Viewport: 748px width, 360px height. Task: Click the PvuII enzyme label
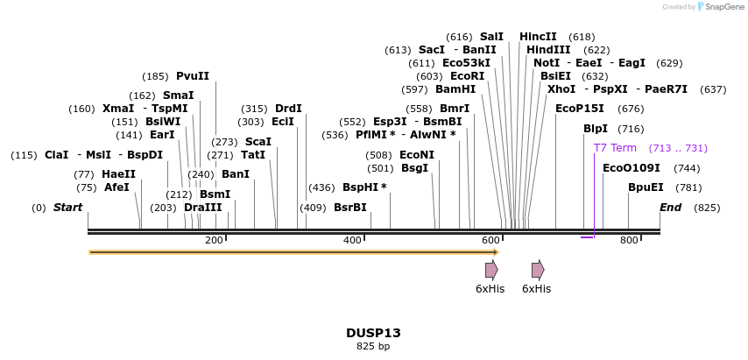click(193, 76)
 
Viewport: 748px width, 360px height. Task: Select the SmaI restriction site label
click(179, 95)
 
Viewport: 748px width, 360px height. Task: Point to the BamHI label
click(455, 89)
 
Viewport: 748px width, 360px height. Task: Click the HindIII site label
click(548, 50)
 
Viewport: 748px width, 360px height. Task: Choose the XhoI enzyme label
click(561, 89)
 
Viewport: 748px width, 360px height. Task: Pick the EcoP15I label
click(580, 109)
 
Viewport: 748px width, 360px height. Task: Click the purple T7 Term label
click(615, 148)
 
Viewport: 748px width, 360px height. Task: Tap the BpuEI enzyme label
click(646, 187)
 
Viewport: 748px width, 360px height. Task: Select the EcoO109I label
click(631, 168)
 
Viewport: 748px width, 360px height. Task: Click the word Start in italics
click(67, 208)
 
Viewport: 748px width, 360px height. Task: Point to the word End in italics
click(670, 208)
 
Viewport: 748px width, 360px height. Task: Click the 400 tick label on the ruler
click(352, 241)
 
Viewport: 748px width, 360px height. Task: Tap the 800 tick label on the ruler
click(629, 241)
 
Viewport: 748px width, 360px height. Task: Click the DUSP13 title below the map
click(373, 333)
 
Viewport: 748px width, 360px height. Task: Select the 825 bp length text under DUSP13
click(373, 347)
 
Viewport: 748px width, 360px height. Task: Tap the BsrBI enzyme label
click(350, 208)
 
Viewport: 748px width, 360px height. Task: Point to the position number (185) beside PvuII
click(155, 76)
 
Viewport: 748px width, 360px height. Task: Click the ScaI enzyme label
click(258, 142)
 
